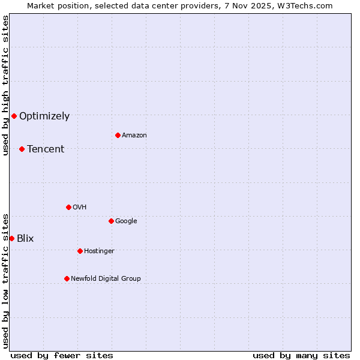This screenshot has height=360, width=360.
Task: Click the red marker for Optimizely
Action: (14, 116)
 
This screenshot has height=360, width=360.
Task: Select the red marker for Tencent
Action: (22, 149)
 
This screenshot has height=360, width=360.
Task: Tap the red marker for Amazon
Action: (118, 135)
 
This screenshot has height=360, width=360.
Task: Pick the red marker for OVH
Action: (68, 207)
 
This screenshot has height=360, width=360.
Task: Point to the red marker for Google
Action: (111, 221)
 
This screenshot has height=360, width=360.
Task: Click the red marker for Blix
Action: (11, 238)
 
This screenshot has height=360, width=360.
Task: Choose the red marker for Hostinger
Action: (80, 251)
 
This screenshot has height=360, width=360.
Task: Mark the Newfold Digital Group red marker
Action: (67, 278)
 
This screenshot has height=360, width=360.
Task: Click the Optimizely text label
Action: (44, 116)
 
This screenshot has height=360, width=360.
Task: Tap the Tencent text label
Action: (46, 149)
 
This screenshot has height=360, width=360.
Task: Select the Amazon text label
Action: (134, 135)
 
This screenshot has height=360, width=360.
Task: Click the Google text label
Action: (126, 221)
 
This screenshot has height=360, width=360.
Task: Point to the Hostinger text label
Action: (99, 251)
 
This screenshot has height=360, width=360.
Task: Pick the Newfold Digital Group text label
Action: (106, 278)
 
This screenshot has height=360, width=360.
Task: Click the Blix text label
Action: (25, 238)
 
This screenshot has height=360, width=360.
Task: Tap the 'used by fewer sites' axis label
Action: (62, 355)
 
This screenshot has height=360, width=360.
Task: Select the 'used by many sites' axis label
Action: (301, 355)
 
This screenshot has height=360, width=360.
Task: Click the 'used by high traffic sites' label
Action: (5, 85)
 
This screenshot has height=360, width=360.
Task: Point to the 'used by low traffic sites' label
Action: (5, 280)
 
